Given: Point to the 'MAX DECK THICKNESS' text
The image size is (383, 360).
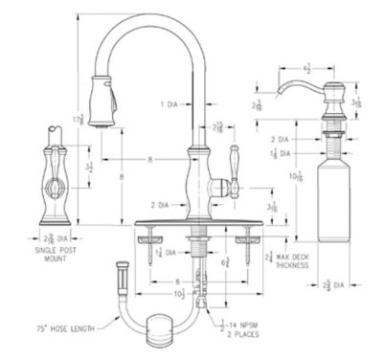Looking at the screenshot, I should click(299, 260).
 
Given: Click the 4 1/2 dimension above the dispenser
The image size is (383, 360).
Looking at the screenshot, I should click(304, 68).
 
